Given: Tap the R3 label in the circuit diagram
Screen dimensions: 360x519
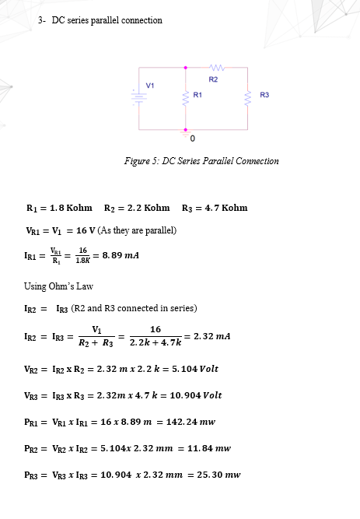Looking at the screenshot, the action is [x=264, y=94].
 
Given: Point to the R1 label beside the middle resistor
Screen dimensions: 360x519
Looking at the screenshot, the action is [x=197, y=94].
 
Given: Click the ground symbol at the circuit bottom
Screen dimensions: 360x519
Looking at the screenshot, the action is [x=185, y=135].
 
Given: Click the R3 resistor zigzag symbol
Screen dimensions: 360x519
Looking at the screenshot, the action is [x=248, y=96].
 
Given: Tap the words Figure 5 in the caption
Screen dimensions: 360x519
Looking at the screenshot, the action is [x=141, y=161].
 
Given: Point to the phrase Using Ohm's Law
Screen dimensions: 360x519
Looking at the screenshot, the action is [x=53, y=286].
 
